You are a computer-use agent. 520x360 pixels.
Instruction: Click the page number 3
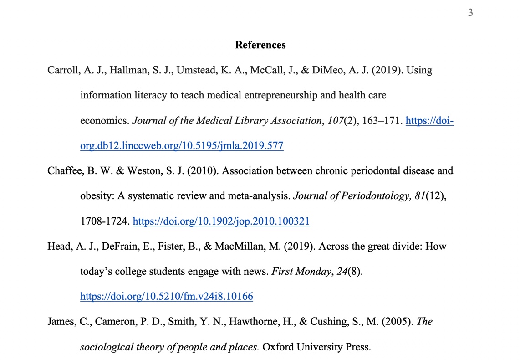pyautogui.click(x=470, y=13)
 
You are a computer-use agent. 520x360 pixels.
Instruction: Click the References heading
pyautogui.click(x=260, y=45)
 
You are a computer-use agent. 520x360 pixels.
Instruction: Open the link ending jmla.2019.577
pyautogui.click(x=182, y=146)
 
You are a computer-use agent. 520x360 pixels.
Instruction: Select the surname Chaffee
pyautogui.click(x=63, y=171)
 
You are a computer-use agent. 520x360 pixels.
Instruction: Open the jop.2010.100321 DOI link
pyautogui.click(x=221, y=222)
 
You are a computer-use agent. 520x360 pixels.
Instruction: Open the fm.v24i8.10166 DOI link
pyautogui.click(x=167, y=297)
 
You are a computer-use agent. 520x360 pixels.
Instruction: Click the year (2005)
pyautogui.click(x=398, y=322)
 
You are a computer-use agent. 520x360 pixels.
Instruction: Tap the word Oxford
pyautogui.click(x=278, y=347)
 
